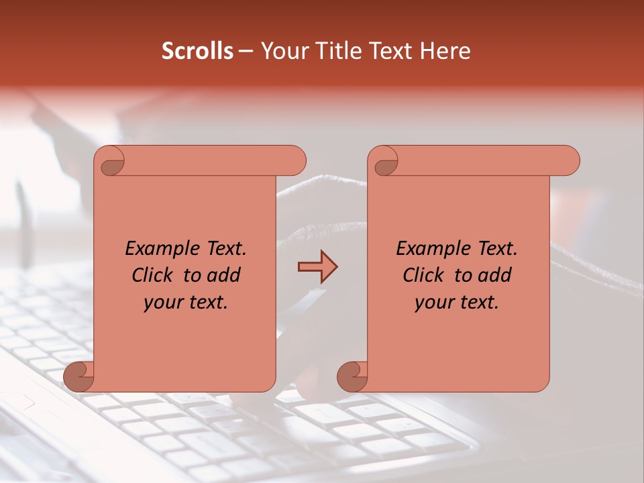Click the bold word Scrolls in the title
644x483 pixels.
(x=197, y=51)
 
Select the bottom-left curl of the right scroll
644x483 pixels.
(x=353, y=376)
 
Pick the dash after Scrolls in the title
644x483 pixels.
(x=246, y=52)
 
